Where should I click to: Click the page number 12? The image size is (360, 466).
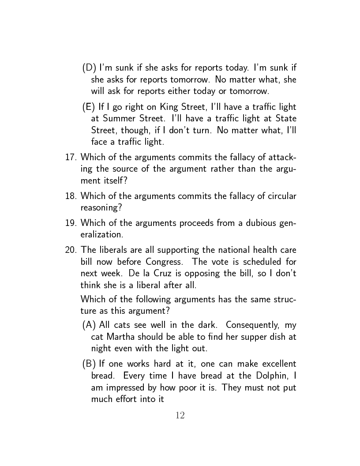click(180, 415)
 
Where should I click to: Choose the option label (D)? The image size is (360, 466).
click(90, 68)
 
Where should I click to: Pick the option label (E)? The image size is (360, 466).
click(89, 107)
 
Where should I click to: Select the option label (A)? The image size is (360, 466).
click(90, 326)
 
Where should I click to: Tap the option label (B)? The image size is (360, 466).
click(90, 364)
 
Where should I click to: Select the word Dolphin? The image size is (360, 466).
click(268, 376)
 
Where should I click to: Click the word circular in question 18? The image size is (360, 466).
click(281, 196)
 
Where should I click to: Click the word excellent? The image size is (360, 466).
click(278, 364)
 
